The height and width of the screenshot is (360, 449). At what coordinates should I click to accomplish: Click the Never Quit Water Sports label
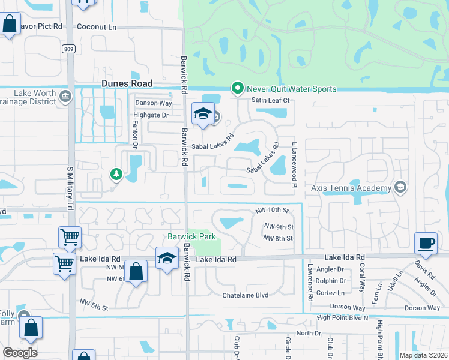pyautogui.click(x=291, y=89)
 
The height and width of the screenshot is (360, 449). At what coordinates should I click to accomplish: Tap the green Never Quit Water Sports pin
pyautogui.click(x=237, y=89)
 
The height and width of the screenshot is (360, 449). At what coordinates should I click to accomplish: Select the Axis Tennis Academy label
pyautogui.click(x=351, y=187)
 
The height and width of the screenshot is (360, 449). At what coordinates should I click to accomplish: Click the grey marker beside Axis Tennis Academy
pyautogui.click(x=400, y=188)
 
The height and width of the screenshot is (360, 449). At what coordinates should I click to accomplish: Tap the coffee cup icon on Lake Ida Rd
pyautogui.click(x=426, y=243)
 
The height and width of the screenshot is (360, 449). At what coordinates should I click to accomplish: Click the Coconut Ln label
pyautogui.click(x=97, y=27)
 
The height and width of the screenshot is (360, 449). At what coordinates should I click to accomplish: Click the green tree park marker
pyautogui.click(x=115, y=175)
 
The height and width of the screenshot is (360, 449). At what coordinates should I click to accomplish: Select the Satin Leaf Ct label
pyautogui.click(x=270, y=100)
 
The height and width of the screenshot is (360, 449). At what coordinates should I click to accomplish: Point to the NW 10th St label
pyautogui.click(x=272, y=210)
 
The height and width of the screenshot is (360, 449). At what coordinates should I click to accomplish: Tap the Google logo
pyautogui.click(x=20, y=352)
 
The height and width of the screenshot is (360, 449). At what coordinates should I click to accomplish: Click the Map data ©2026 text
pyautogui.click(x=423, y=355)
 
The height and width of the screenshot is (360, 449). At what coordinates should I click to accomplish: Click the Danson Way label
pyautogui.click(x=153, y=103)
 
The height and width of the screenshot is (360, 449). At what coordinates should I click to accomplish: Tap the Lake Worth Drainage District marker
pyautogui.click(x=64, y=95)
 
